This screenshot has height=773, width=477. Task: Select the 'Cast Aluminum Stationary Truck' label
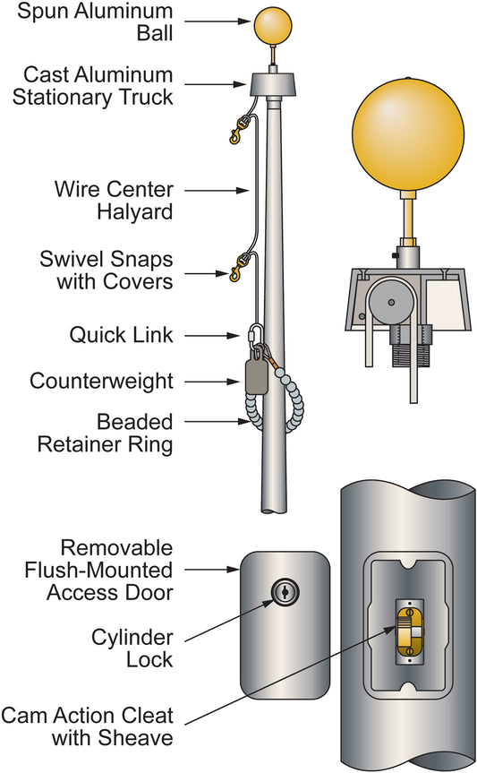pyautogui.click(x=92, y=84)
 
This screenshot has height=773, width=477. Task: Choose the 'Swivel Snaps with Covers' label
pyautogui.click(x=106, y=271)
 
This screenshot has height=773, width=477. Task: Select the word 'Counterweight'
pyautogui.click(x=101, y=381)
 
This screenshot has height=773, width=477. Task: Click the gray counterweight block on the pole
pyautogui.click(x=256, y=377)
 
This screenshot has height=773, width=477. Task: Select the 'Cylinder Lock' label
pyautogui.click(x=133, y=648)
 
